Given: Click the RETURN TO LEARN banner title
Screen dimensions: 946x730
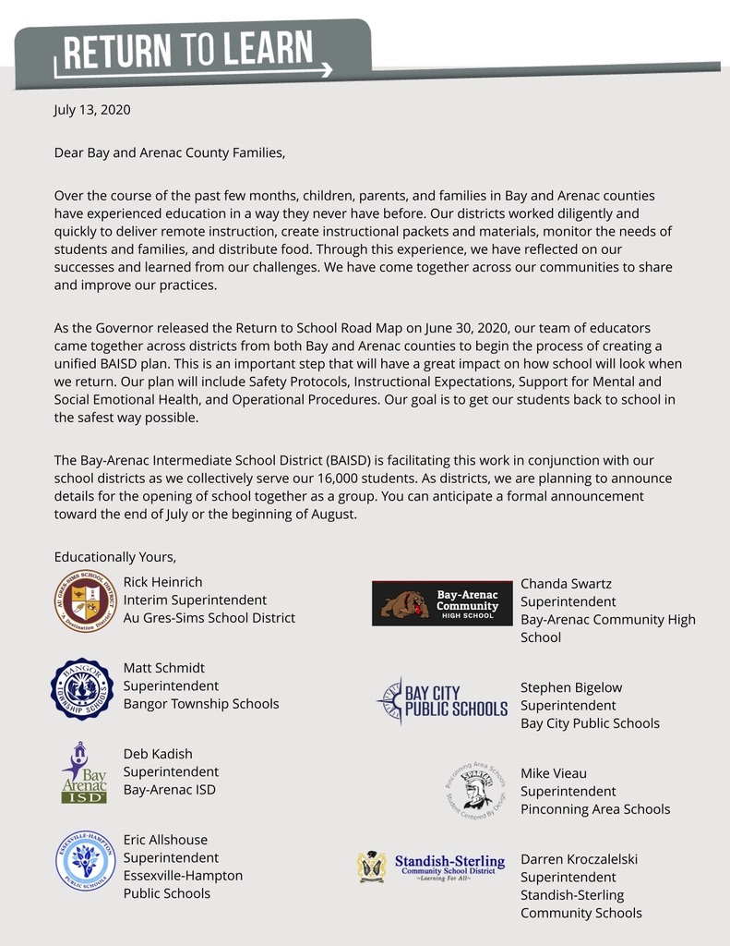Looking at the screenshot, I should pyautogui.click(x=185, y=51).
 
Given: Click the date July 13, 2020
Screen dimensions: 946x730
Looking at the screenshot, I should pyautogui.click(x=92, y=110).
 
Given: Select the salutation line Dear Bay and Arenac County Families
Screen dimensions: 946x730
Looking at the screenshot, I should pyautogui.click(x=170, y=152).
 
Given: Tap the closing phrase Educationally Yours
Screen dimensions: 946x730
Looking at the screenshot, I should pyautogui.click(x=114, y=556).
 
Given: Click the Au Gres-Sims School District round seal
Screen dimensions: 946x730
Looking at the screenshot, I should pyautogui.click(x=84, y=601).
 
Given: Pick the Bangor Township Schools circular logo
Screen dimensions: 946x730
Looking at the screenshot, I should pyautogui.click(x=82, y=687).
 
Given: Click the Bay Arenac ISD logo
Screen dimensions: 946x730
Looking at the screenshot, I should pyautogui.click(x=84, y=772).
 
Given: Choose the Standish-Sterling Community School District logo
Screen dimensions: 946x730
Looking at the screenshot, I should pyautogui.click(x=432, y=867).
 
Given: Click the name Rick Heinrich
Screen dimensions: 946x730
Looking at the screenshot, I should pyautogui.click(x=162, y=582).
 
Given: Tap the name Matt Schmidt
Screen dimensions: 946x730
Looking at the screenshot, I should pyautogui.click(x=164, y=668).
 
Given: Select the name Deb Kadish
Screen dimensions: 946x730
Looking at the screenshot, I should pyautogui.click(x=158, y=754).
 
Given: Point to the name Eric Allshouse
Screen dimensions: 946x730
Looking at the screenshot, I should pyautogui.click(x=165, y=840).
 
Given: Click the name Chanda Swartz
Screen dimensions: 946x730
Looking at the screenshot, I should pyautogui.click(x=566, y=584).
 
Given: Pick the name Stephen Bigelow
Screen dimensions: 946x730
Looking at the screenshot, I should pyautogui.click(x=571, y=687).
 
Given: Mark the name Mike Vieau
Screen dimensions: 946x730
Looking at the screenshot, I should pyautogui.click(x=554, y=773).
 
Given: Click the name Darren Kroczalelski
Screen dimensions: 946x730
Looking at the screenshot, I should pyautogui.click(x=579, y=859).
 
